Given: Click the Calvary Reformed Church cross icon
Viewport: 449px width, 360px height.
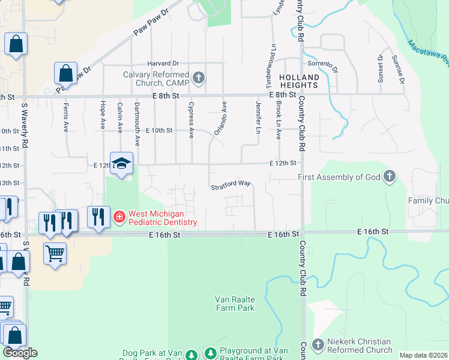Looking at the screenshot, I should (199, 78).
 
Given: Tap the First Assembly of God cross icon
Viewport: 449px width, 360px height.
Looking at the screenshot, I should (390, 177).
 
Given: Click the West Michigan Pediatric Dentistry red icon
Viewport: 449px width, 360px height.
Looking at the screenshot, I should (119, 216).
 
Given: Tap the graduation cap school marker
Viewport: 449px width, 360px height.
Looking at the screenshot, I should (121, 163).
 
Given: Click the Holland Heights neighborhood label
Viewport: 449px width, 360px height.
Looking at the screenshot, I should (298, 82).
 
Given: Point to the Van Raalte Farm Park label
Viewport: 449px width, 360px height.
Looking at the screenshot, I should (235, 304).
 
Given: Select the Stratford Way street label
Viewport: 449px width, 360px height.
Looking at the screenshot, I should (230, 187).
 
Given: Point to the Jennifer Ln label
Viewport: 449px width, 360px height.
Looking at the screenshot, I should (259, 117).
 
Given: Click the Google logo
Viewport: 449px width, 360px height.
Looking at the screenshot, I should (20, 353).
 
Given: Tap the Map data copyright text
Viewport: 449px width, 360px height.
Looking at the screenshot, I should (424, 355).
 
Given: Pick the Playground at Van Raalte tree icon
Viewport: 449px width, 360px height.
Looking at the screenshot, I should (211, 352).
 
